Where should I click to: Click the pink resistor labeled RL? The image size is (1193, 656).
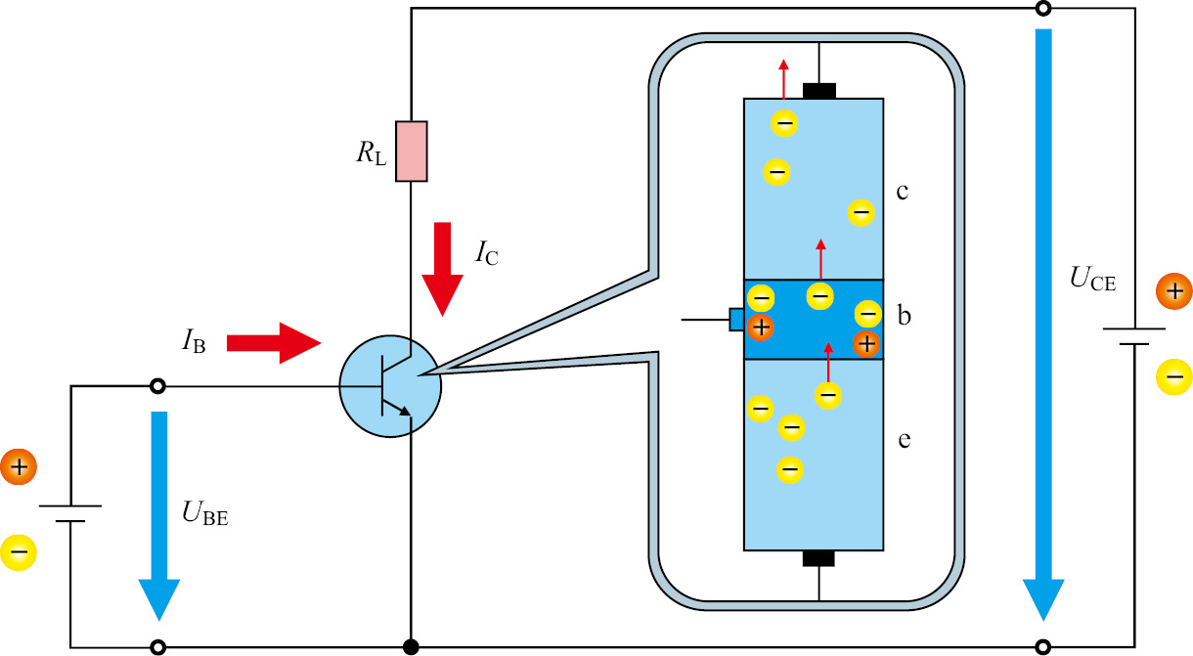coord(411,152)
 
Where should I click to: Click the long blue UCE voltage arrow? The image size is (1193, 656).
coord(1043,323)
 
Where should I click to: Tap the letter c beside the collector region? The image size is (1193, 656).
coord(904,190)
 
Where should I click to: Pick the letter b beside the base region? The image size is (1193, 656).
coord(905,316)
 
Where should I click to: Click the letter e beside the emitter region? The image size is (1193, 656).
coord(905,440)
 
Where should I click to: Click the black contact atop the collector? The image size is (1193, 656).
coord(819,91)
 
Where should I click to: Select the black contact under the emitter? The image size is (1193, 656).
coord(818,557)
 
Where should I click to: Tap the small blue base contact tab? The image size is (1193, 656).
coord(736,320)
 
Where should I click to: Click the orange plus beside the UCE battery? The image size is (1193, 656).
coord(1172,290)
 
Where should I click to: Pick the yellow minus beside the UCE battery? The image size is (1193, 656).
coord(1172,376)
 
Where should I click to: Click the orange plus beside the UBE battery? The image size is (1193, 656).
coord(19,467)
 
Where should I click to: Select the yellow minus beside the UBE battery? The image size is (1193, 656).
coord(19,552)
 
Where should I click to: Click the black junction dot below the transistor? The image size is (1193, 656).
coord(411,646)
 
